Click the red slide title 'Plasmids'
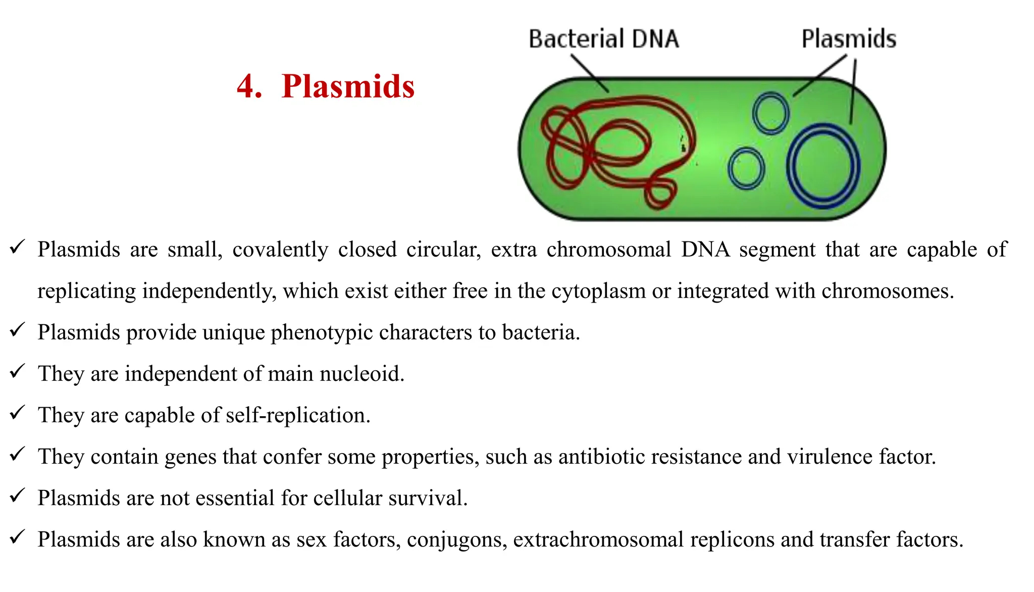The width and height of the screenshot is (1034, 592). (x=348, y=86)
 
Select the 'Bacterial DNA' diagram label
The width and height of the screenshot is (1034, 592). (x=603, y=39)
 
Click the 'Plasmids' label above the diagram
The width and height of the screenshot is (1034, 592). (x=849, y=39)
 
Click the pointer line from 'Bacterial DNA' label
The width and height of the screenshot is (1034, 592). (x=589, y=73)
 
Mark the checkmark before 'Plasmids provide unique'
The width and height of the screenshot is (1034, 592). (x=17, y=330)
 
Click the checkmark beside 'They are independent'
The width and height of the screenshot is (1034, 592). (x=17, y=372)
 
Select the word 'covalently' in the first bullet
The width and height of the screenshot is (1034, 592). (x=280, y=250)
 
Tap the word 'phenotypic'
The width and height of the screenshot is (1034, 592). (x=321, y=333)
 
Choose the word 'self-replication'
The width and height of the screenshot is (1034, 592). (x=297, y=416)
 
